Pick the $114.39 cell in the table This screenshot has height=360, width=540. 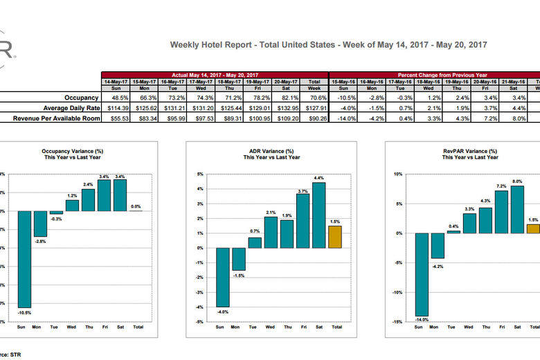[116, 108]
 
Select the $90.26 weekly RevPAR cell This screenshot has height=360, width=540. [315, 118]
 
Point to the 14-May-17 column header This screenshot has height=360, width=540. [116, 82]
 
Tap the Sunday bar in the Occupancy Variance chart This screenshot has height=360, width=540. [25, 259]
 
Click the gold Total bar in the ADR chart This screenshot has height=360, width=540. [335, 237]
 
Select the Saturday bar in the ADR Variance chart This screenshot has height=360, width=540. [318, 215]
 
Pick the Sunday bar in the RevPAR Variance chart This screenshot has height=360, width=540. [421, 274]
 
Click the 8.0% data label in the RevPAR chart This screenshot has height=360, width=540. [517, 181]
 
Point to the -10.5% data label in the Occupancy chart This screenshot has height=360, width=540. [25, 312]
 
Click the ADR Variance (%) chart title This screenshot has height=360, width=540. [271, 151]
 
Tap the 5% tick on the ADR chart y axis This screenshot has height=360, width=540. [199, 174]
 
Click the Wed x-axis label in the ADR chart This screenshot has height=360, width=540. [269, 327]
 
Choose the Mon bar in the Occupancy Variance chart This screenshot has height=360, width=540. [41, 224]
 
